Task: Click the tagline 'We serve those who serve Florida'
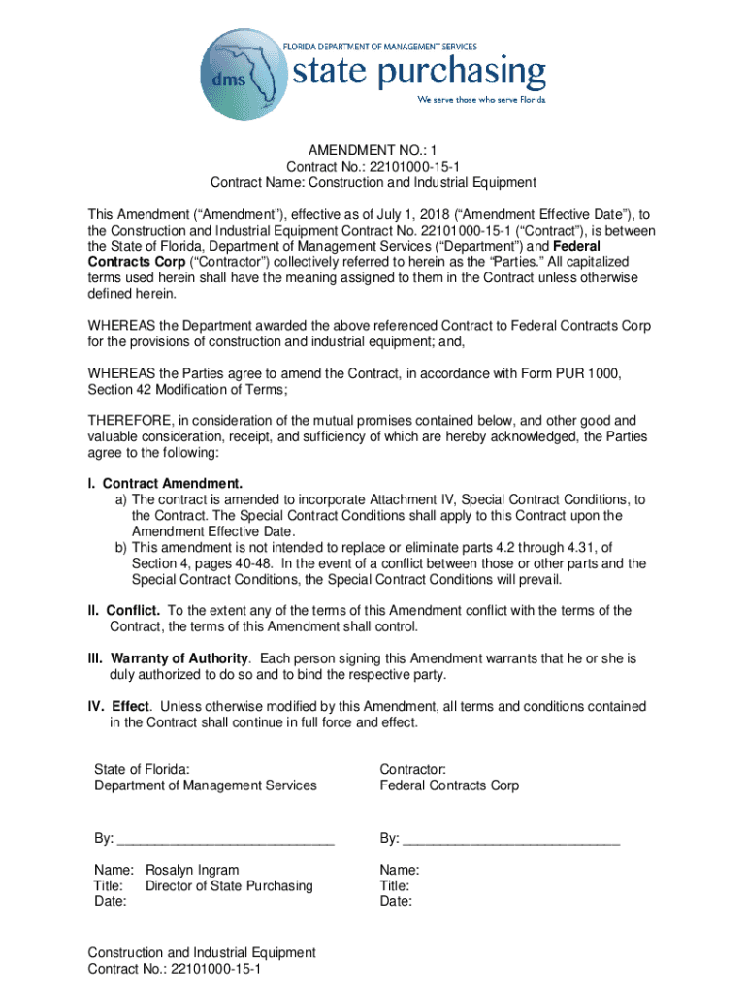click(481, 100)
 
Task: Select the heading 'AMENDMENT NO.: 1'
click(373, 151)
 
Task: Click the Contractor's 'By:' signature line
click(511, 838)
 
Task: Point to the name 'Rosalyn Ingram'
click(192, 870)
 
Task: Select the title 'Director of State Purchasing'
click(229, 885)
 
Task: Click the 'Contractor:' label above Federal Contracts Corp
click(412, 769)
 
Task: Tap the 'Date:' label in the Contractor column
click(396, 901)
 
